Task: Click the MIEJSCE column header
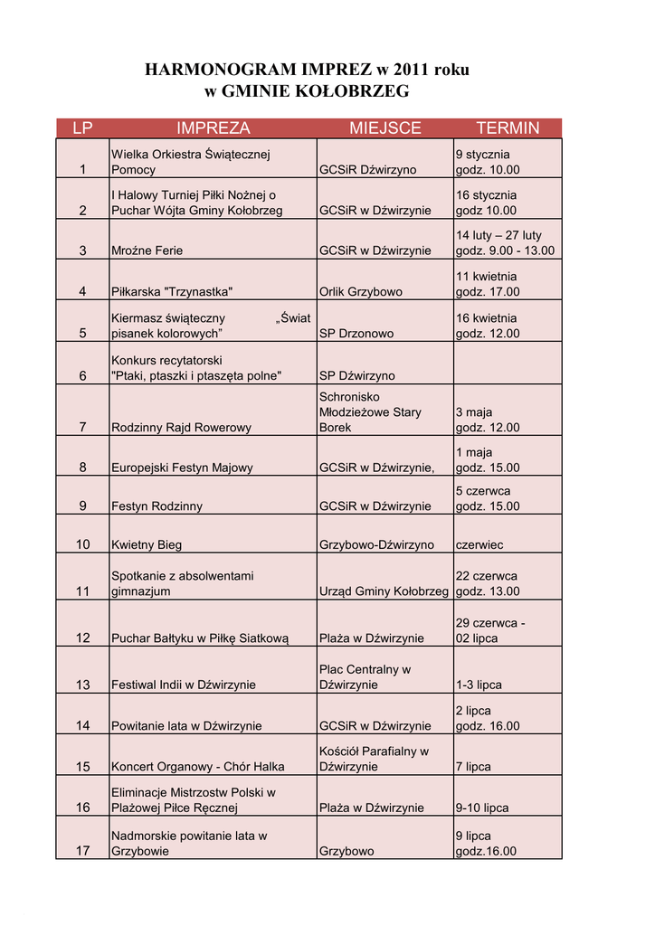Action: (x=384, y=128)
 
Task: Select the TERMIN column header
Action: (x=508, y=128)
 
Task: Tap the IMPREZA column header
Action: (x=214, y=128)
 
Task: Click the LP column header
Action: (x=82, y=128)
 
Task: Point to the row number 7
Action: (x=82, y=428)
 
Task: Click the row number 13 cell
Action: (x=82, y=685)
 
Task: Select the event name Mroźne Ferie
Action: (x=147, y=250)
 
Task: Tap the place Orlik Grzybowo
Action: (x=361, y=292)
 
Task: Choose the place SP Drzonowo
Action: (x=356, y=334)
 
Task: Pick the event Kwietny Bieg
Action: (x=147, y=545)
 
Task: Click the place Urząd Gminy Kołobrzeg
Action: (x=384, y=591)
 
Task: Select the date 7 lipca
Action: (x=473, y=767)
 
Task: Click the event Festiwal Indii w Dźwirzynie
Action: (x=184, y=685)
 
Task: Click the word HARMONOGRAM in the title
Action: (x=221, y=70)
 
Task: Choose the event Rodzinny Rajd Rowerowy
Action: (x=181, y=428)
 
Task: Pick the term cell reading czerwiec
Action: (x=479, y=545)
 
